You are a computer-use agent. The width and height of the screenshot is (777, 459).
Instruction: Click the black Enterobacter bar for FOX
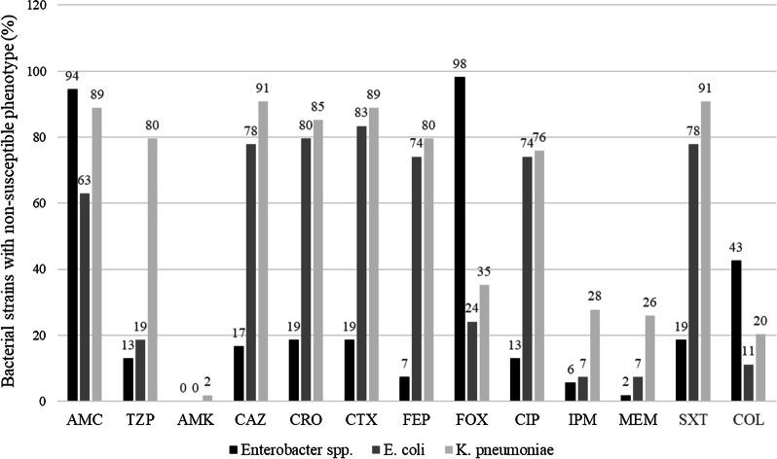pos(460,239)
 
